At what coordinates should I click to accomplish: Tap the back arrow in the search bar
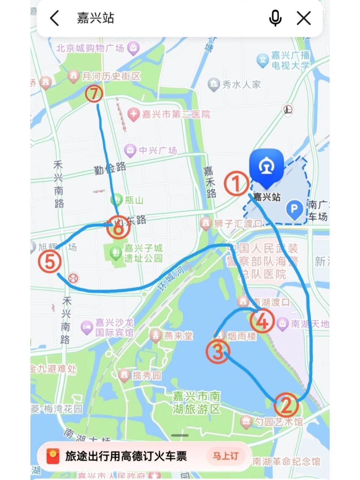(x=55, y=18)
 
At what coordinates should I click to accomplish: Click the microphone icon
(x=275, y=18)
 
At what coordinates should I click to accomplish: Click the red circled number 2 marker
(x=286, y=405)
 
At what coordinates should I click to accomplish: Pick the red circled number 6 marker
(x=118, y=228)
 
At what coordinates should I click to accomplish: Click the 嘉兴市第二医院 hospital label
(x=175, y=114)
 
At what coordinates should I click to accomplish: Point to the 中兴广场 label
(x=157, y=150)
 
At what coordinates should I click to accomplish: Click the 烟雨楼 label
(x=241, y=336)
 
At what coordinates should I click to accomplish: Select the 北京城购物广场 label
(x=90, y=48)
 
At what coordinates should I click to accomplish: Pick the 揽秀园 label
(x=146, y=375)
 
